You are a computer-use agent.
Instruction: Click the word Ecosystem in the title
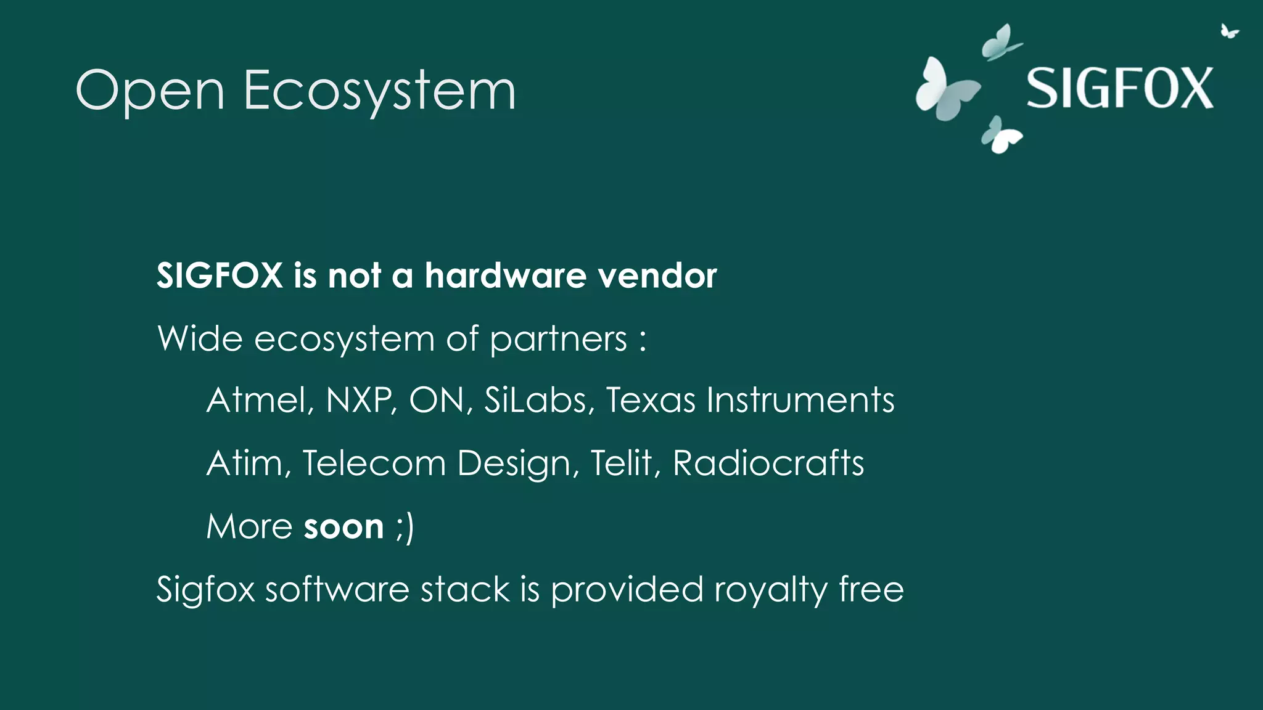pyautogui.click(x=379, y=91)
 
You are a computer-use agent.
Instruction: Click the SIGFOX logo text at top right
pyautogui.click(x=1119, y=89)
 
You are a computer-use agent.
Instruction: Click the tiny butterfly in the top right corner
pyautogui.click(x=1228, y=31)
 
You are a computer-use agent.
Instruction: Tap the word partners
pyautogui.click(x=558, y=339)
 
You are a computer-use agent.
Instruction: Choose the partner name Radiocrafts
pyautogui.click(x=768, y=463)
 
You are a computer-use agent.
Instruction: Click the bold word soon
pyautogui.click(x=344, y=527)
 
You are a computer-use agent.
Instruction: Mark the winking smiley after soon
pyautogui.click(x=405, y=528)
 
